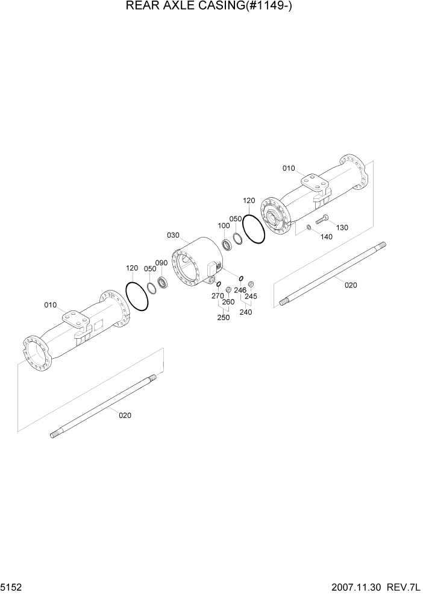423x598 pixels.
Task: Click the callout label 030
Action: pyautogui.click(x=174, y=235)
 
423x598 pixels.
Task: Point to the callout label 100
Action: pyautogui.click(x=224, y=225)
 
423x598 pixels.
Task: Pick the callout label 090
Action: pyautogui.click(x=161, y=263)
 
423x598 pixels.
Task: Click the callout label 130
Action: pyautogui.click(x=342, y=227)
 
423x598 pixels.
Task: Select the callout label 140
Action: pyautogui.click(x=326, y=237)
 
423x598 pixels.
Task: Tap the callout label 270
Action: pyautogui.click(x=218, y=296)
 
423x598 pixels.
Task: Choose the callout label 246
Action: pyautogui.click(x=240, y=290)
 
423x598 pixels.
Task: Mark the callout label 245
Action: pyautogui.click(x=251, y=296)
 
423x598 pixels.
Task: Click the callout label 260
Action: pyautogui.click(x=228, y=302)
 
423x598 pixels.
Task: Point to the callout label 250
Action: pyautogui.click(x=223, y=318)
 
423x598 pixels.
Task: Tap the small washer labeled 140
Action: pyautogui.click(x=309, y=227)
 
